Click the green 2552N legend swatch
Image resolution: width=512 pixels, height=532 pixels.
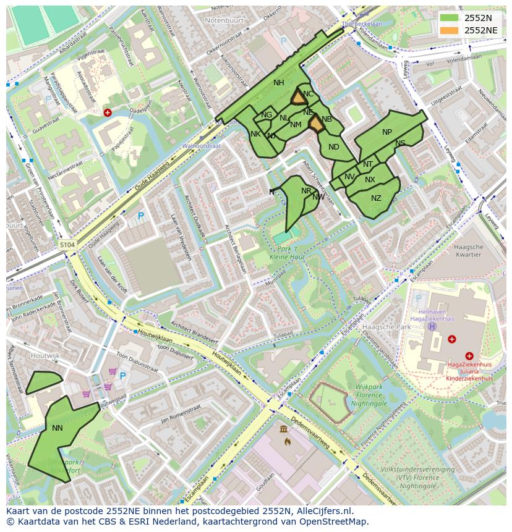click(450, 18)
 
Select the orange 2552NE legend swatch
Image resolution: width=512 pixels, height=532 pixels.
click(450, 30)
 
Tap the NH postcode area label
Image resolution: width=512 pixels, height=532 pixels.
click(279, 83)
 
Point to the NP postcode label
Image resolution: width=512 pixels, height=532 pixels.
click(387, 132)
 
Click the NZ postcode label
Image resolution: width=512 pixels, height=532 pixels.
click(376, 198)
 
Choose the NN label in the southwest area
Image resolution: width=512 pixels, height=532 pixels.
click(58, 428)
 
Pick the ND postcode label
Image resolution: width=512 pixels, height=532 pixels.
click(334, 147)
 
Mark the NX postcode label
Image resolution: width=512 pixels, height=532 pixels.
click(370, 180)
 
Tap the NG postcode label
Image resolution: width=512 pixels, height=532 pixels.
click(267, 115)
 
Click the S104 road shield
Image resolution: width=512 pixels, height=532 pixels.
click(67, 245)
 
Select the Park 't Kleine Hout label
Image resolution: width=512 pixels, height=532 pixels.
click(287, 252)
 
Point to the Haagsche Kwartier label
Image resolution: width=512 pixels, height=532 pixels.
click(468, 250)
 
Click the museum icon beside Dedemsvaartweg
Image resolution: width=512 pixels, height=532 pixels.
click(283, 429)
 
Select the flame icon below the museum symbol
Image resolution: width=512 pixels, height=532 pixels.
click(287, 441)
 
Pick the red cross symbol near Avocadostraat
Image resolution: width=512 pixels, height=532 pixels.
click(108, 112)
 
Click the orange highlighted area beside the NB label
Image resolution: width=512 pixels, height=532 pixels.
click(317, 124)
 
